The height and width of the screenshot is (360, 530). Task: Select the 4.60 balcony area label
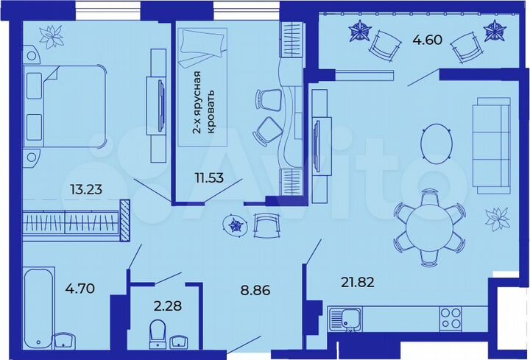click(427, 40)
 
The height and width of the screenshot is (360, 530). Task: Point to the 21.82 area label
click(358, 280)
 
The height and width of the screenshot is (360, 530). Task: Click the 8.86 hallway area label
click(255, 290)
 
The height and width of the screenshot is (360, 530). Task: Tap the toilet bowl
click(157, 333)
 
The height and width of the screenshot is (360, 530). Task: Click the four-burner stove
click(451, 318)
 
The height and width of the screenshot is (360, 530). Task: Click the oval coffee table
click(437, 141)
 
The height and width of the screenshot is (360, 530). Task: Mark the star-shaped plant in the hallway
click(236, 225)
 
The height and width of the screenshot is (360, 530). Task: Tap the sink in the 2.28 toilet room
click(178, 340)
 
